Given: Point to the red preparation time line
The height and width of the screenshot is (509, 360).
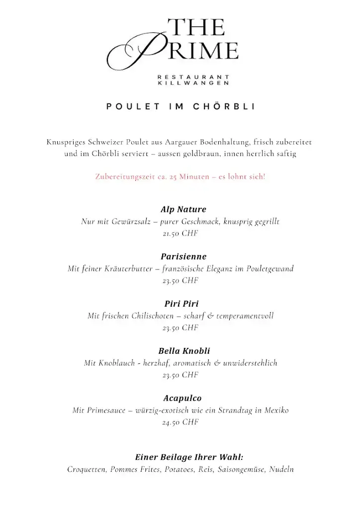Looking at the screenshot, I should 180,177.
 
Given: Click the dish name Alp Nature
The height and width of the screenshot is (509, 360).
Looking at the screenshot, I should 183,209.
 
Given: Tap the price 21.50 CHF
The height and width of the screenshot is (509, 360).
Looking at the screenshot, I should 180,233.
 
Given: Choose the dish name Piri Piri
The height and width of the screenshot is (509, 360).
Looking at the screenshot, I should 181,304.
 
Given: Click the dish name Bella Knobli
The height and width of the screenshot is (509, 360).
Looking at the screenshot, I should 184,351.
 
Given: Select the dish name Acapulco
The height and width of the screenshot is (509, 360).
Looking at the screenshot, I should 182,398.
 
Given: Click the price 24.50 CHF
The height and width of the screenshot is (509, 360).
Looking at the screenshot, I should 180,423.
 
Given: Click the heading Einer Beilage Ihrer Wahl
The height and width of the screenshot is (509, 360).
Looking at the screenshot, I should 189,457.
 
